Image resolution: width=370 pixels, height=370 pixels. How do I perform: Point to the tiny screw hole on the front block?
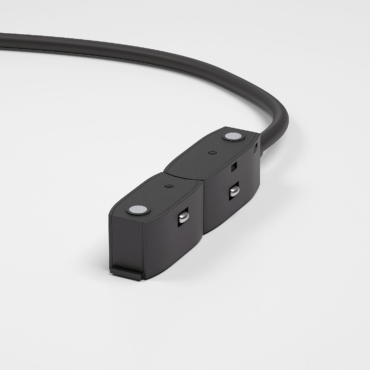(169, 186)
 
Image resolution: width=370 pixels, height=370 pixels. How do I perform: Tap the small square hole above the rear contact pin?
(234, 166)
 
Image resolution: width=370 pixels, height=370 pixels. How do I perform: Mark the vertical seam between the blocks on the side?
(203, 210)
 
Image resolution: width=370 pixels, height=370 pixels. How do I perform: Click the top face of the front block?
(160, 197)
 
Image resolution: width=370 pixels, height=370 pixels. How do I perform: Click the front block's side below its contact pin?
(179, 247)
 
